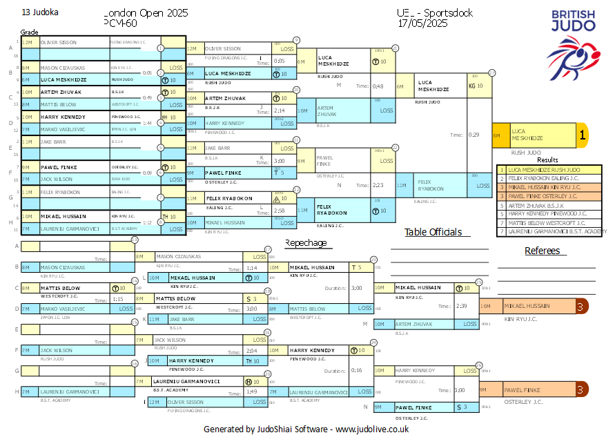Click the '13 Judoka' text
[x=40, y=12]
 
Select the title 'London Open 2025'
[x=146, y=13]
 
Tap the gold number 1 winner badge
[x=582, y=136]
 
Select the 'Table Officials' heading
[x=433, y=232]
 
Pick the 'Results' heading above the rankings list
[x=547, y=160]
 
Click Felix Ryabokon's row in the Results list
[x=551, y=178]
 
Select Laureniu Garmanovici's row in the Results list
[x=551, y=232]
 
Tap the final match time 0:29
[x=475, y=135]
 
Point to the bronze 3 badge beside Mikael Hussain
[x=580, y=306]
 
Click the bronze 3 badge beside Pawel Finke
[x=580, y=390]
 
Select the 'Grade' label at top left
[x=29, y=32]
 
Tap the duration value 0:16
[x=356, y=371]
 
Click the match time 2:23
[x=377, y=185]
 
